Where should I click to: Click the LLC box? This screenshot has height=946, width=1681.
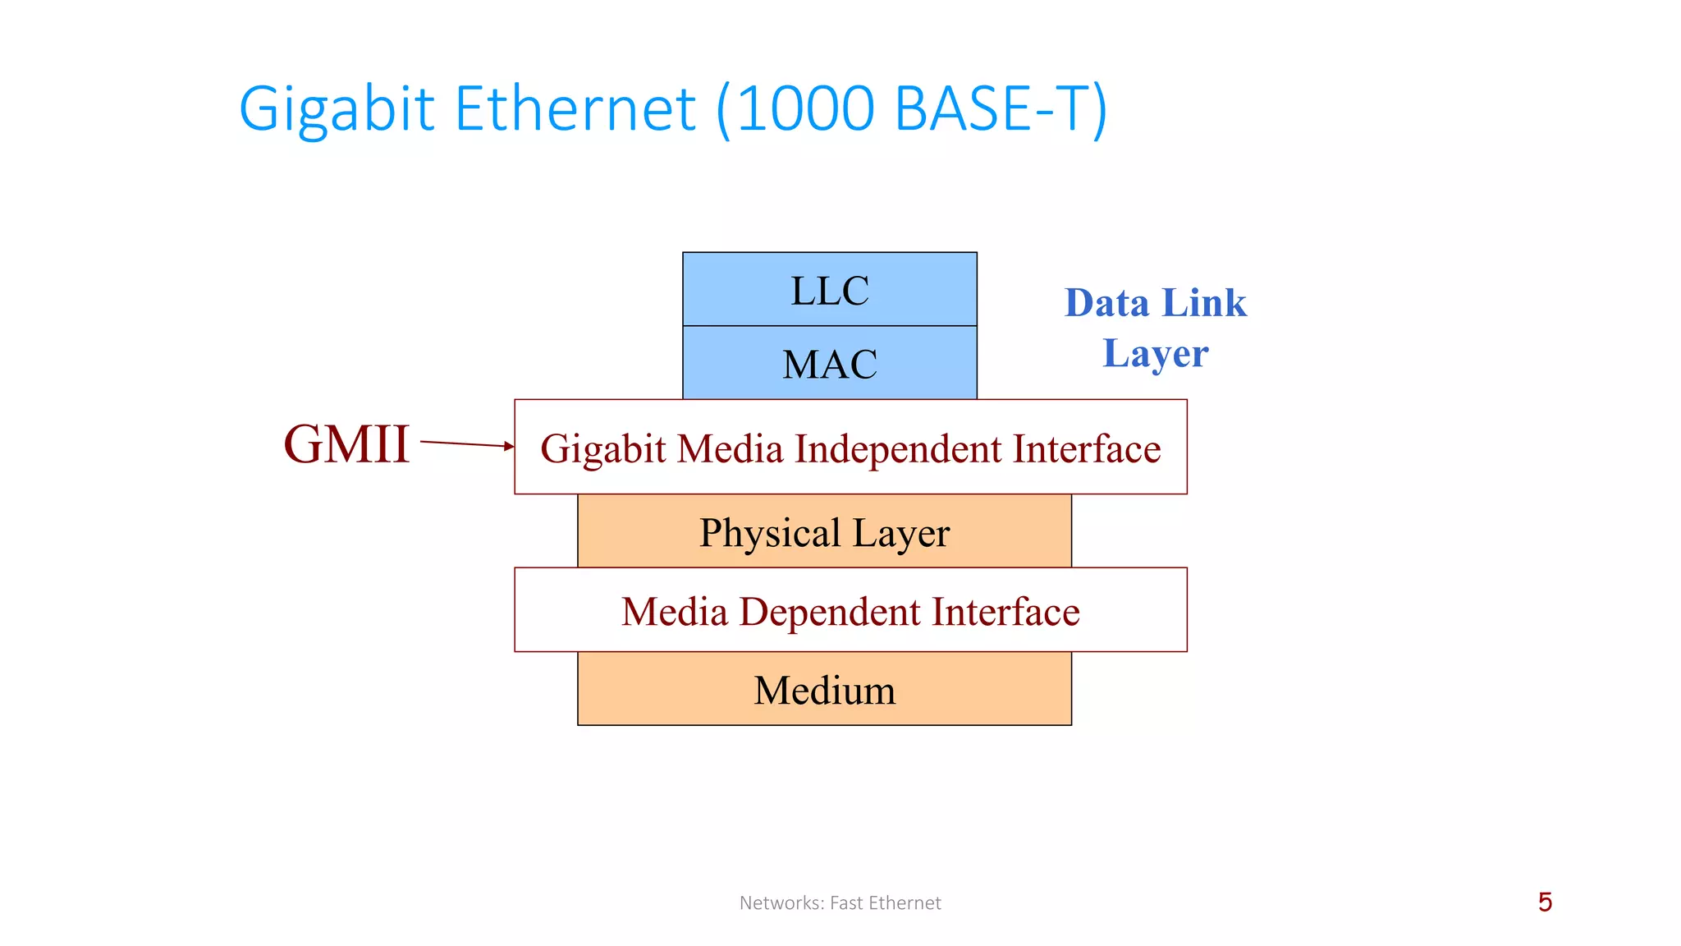click(830, 289)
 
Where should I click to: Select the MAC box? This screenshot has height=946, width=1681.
click(830, 363)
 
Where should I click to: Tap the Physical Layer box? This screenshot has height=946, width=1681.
click(825, 532)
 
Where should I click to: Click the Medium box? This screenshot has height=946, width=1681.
click(825, 690)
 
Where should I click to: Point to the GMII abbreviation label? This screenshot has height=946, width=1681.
click(346, 444)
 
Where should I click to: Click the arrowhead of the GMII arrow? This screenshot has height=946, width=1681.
click(510, 446)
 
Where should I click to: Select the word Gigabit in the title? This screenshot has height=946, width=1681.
click(336, 108)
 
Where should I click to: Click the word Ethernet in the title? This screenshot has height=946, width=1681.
click(575, 108)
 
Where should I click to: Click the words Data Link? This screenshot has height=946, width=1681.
click(1155, 302)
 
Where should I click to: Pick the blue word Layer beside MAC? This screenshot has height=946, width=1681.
click(1155, 353)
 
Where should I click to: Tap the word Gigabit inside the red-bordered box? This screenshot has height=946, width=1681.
click(602, 449)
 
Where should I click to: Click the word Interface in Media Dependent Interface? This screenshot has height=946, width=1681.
click(1005, 613)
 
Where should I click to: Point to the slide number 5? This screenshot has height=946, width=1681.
click(1545, 902)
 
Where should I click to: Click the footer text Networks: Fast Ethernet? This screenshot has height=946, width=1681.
click(840, 902)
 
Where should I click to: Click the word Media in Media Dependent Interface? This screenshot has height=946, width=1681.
click(674, 613)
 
